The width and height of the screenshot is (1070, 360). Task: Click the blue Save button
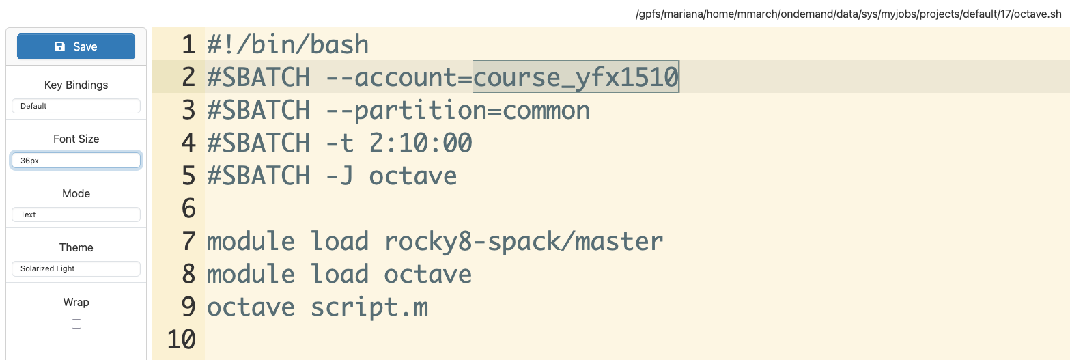(76, 46)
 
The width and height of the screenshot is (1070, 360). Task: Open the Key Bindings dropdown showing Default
(76, 106)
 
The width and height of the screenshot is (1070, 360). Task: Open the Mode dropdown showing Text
(76, 214)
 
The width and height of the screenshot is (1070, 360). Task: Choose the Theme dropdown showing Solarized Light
(76, 268)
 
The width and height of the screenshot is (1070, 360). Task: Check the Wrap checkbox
(76, 324)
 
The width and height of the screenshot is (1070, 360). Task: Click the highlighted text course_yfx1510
(576, 77)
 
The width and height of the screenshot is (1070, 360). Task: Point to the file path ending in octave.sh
(851, 14)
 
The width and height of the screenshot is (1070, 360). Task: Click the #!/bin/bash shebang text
(287, 45)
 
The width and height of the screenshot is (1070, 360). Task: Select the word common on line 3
(546, 110)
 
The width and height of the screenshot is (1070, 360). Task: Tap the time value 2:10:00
(420, 143)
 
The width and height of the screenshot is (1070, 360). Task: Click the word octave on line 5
(412, 176)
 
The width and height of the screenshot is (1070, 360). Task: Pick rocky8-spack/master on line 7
(524, 241)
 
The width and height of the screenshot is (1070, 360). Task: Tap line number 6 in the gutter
(188, 208)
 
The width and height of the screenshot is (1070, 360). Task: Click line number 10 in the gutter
(181, 340)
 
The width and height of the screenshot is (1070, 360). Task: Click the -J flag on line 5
(339, 176)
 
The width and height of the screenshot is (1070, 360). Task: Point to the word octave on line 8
(427, 274)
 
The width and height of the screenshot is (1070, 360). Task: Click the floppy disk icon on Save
(60, 46)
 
